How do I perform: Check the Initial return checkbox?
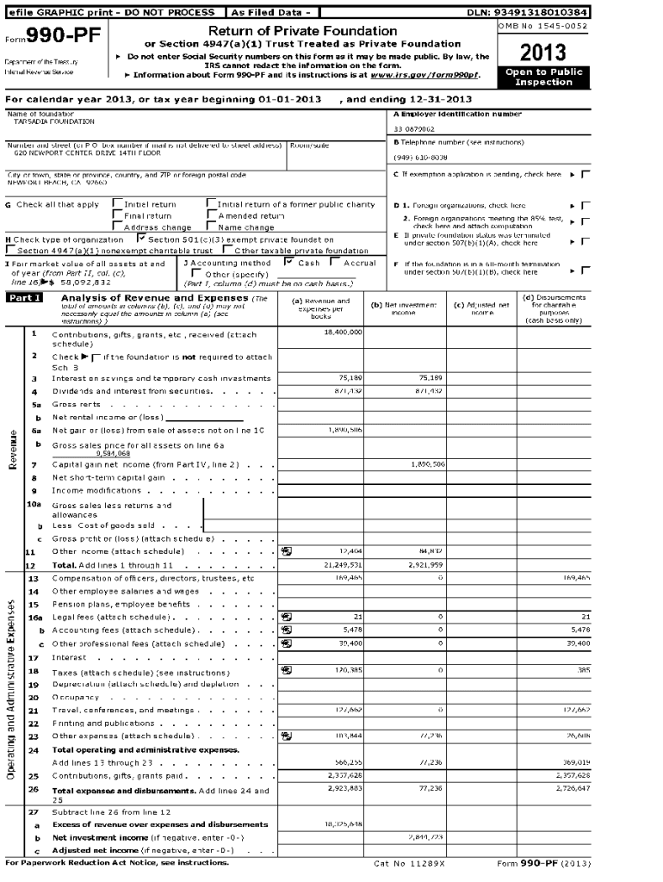click(117, 204)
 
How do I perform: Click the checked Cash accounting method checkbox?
click(288, 262)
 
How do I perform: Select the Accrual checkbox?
click(336, 262)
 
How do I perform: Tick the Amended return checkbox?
click(211, 215)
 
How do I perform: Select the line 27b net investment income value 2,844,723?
click(425, 836)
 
